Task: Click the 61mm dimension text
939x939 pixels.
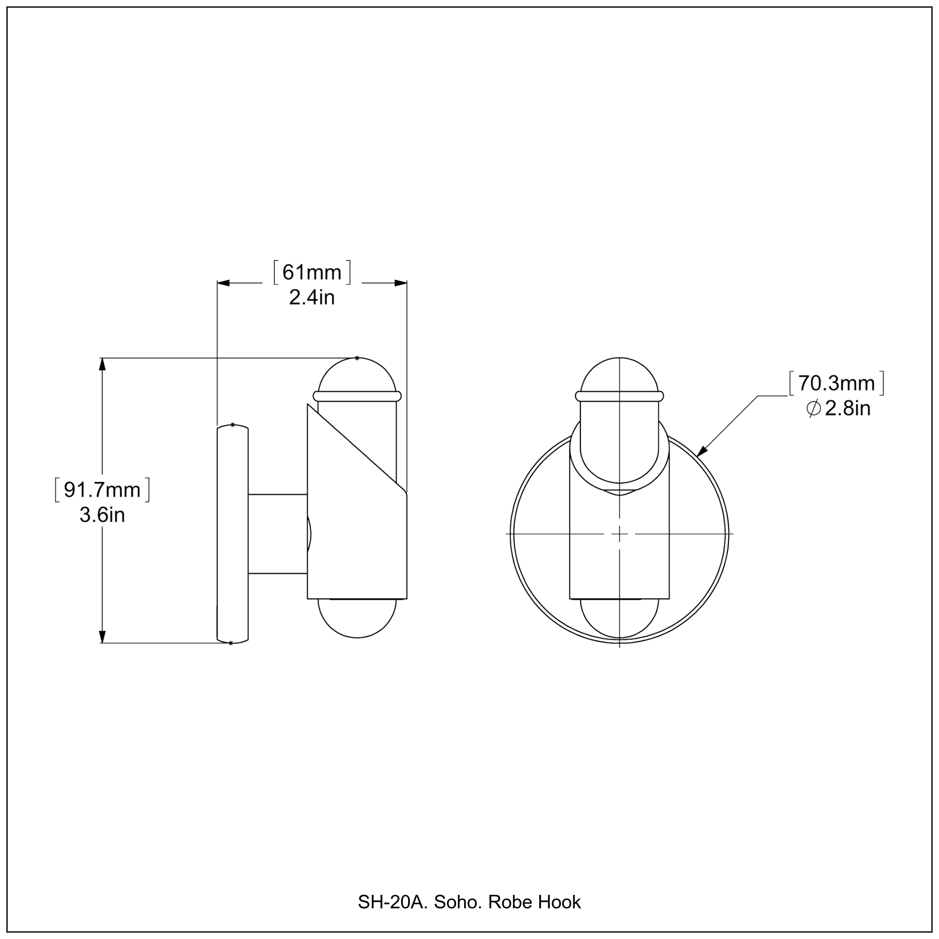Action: pos(312,273)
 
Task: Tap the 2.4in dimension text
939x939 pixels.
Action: pos(312,297)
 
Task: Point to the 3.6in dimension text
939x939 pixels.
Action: pos(102,515)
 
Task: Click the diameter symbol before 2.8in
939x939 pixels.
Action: pos(813,408)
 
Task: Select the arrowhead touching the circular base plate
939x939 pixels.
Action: pos(701,452)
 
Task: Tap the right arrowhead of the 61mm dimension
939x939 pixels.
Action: pos(401,283)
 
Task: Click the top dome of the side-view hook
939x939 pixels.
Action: pos(357,375)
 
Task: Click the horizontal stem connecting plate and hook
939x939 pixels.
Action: pos(278,534)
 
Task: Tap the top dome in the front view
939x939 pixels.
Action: pos(619,375)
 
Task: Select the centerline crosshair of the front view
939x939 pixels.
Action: pos(619,534)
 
